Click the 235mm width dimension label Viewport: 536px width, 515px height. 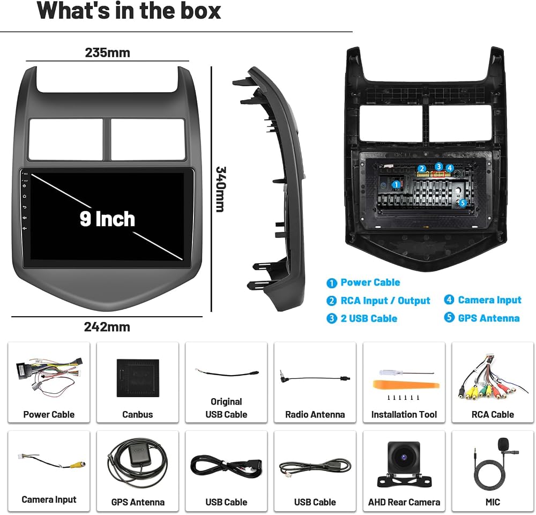coord(107,53)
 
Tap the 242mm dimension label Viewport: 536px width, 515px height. coord(107,327)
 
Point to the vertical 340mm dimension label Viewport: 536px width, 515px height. coord(221,189)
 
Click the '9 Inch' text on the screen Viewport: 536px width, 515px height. coord(107,219)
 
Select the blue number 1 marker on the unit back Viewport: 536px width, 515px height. coord(396,185)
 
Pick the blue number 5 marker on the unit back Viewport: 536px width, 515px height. coord(462,203)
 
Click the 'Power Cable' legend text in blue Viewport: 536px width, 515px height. coord(370,282)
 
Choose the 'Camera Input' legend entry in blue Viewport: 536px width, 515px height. coord(489,300)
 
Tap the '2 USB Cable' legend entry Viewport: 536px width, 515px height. coord(369,318)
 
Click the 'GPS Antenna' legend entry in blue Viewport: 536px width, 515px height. coord(489,318)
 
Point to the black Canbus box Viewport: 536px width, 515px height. coord(138,378)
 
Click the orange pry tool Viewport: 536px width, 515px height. coord(406,385)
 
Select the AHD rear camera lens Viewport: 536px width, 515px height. coord(404,457)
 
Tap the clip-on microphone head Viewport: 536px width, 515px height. coord(503,444)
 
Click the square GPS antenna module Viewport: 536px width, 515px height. coord(139,456)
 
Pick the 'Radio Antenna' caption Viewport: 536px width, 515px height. coord(315,415)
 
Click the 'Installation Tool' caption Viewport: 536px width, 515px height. coord(404,415)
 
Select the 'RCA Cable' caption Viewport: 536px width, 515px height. coord(493,415)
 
